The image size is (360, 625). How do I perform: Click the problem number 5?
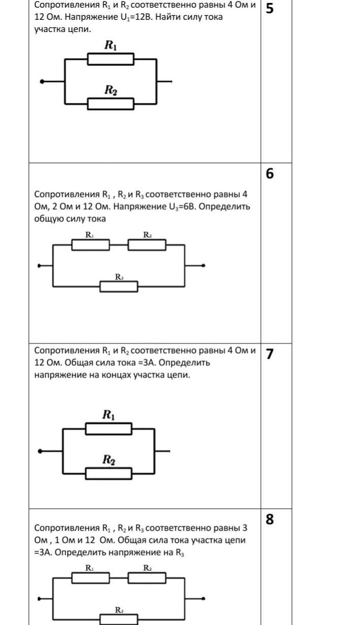270,9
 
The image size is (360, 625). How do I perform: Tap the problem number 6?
270,174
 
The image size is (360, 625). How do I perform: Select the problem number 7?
270,354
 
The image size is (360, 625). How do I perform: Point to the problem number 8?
270,519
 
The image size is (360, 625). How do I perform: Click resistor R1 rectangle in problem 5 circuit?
111,59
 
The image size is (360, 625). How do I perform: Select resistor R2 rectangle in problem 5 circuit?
111,104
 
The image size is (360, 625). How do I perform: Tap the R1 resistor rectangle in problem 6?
91,245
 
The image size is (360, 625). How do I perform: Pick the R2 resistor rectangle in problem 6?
147,245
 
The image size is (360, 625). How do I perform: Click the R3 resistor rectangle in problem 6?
118,287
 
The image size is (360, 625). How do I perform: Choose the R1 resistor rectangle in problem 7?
108,429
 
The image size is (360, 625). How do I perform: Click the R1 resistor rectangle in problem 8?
91,578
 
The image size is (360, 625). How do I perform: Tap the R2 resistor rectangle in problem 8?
147,578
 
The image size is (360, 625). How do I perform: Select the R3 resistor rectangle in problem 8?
118,619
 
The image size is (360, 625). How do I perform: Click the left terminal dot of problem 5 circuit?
42,82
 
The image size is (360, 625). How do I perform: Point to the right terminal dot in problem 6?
203,265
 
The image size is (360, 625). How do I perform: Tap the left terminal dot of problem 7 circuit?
40,451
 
